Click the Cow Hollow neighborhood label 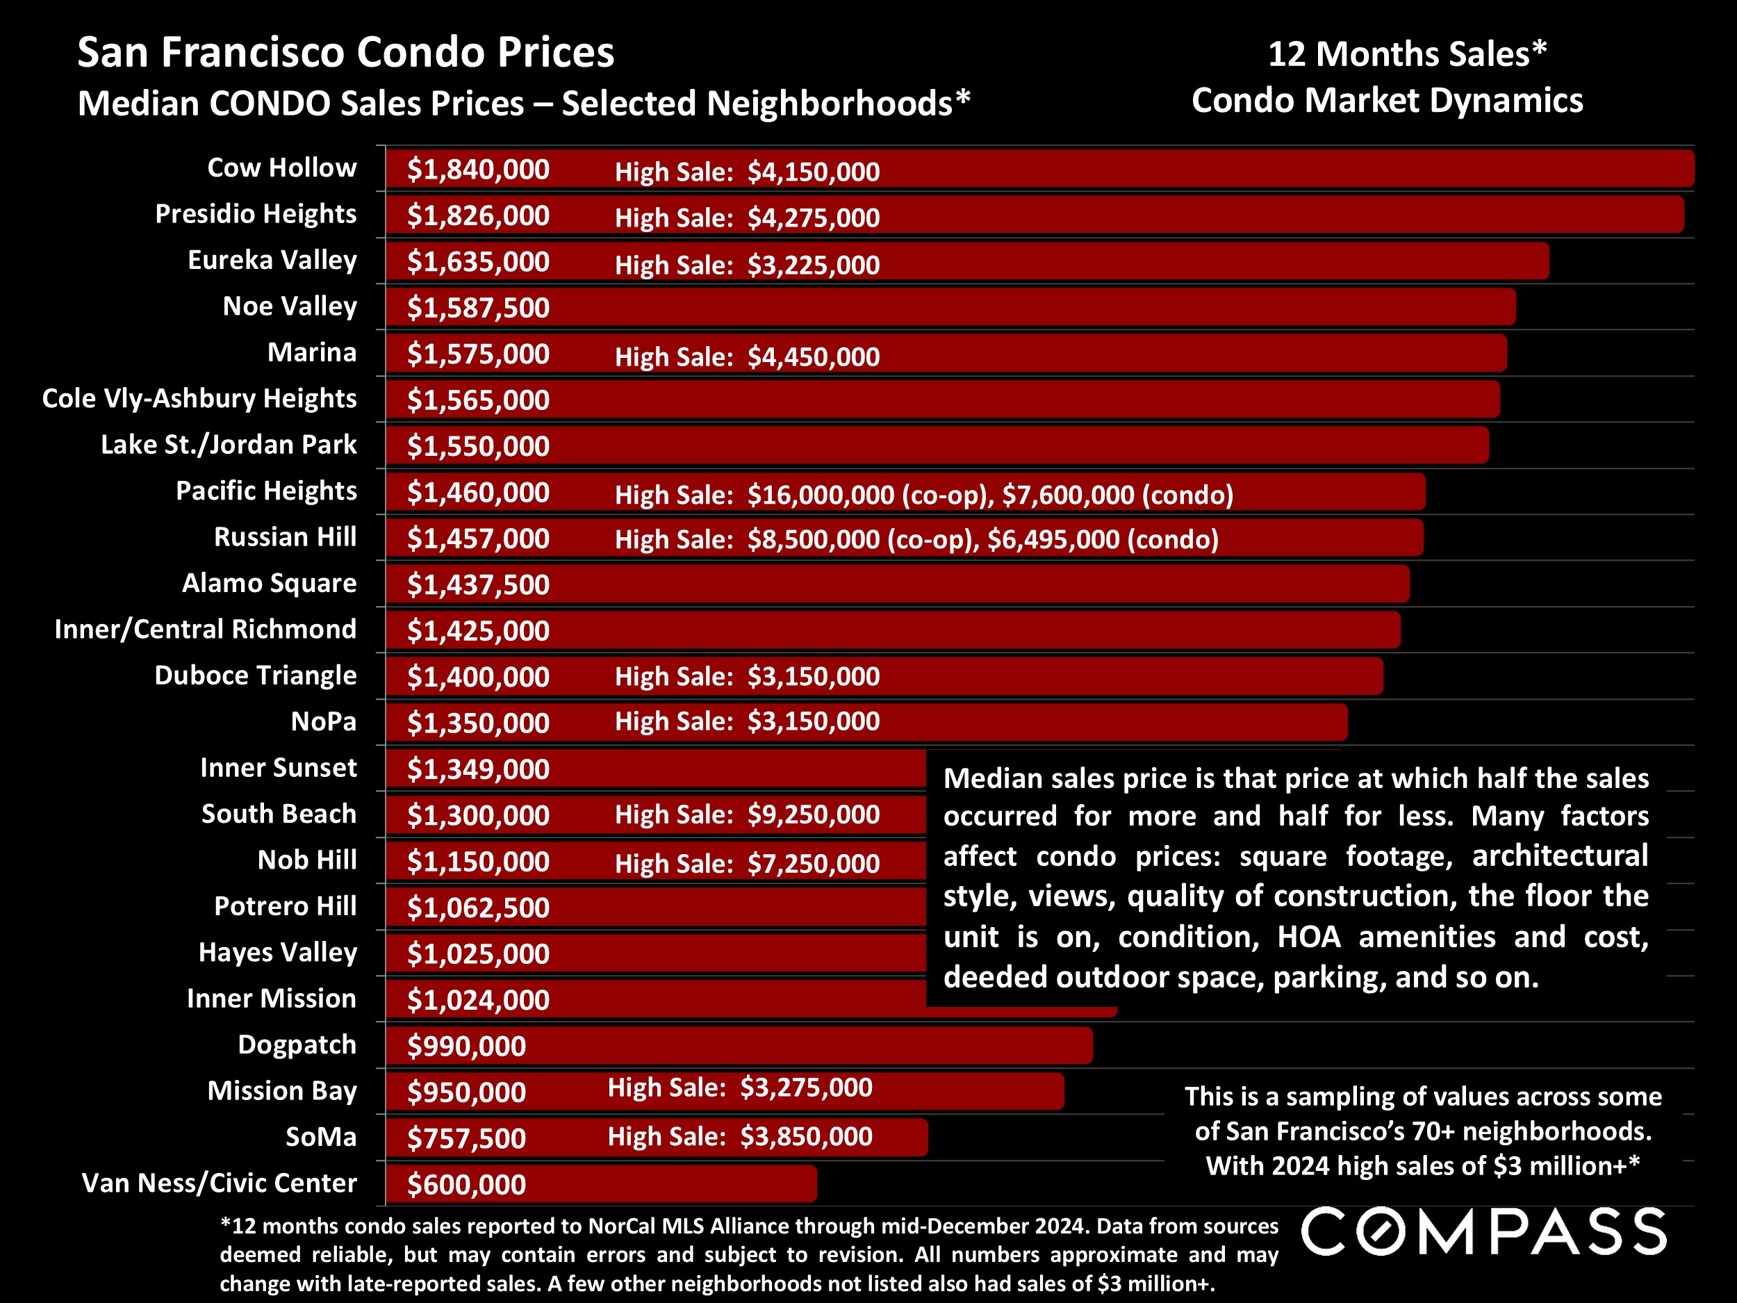point(281,167)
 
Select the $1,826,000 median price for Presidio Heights point(477,215)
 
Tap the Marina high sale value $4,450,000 point(813,357)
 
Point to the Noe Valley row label point(289,306)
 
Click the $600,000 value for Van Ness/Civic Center point(466,1184)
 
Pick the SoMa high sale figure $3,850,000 point(806,1136)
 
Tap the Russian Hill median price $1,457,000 point(477,538)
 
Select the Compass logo point(1483,1231)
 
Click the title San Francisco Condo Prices point(345,53)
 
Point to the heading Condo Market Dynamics point(1387,101)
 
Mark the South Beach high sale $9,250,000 point(813,814)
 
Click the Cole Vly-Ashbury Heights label point(199,398)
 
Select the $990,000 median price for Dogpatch point(466,1046)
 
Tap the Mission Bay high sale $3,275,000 point(806,1087)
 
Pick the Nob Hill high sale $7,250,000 point(813,863)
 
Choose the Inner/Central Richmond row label point(205,629)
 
